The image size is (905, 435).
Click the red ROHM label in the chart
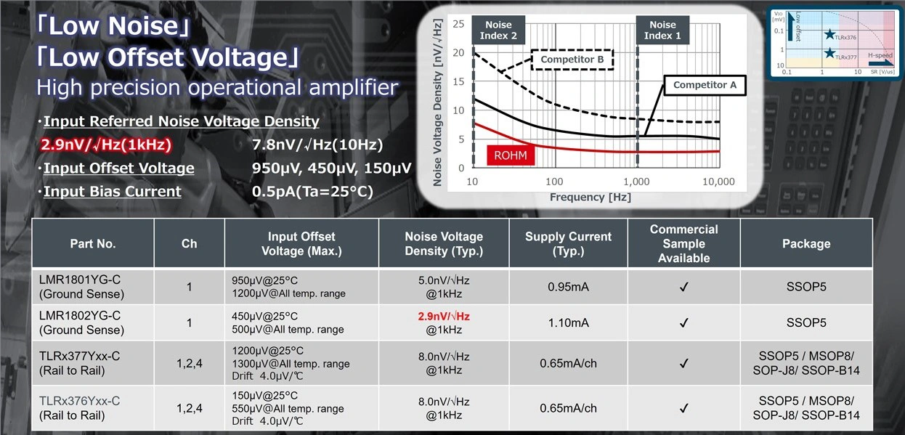511,155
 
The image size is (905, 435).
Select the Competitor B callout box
572,60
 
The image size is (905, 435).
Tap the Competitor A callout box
705,85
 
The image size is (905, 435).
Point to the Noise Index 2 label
498,30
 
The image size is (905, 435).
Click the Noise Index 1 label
662,30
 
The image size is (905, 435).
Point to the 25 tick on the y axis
458,24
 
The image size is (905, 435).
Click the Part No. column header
92,244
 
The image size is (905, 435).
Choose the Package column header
805,244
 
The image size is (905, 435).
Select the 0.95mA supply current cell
568,287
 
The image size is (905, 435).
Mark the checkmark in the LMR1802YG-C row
683,322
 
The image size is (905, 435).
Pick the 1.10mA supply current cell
568,322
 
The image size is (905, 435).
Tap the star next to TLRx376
829,34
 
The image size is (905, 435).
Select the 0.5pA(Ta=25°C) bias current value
308,192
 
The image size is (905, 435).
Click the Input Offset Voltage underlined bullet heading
118,168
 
